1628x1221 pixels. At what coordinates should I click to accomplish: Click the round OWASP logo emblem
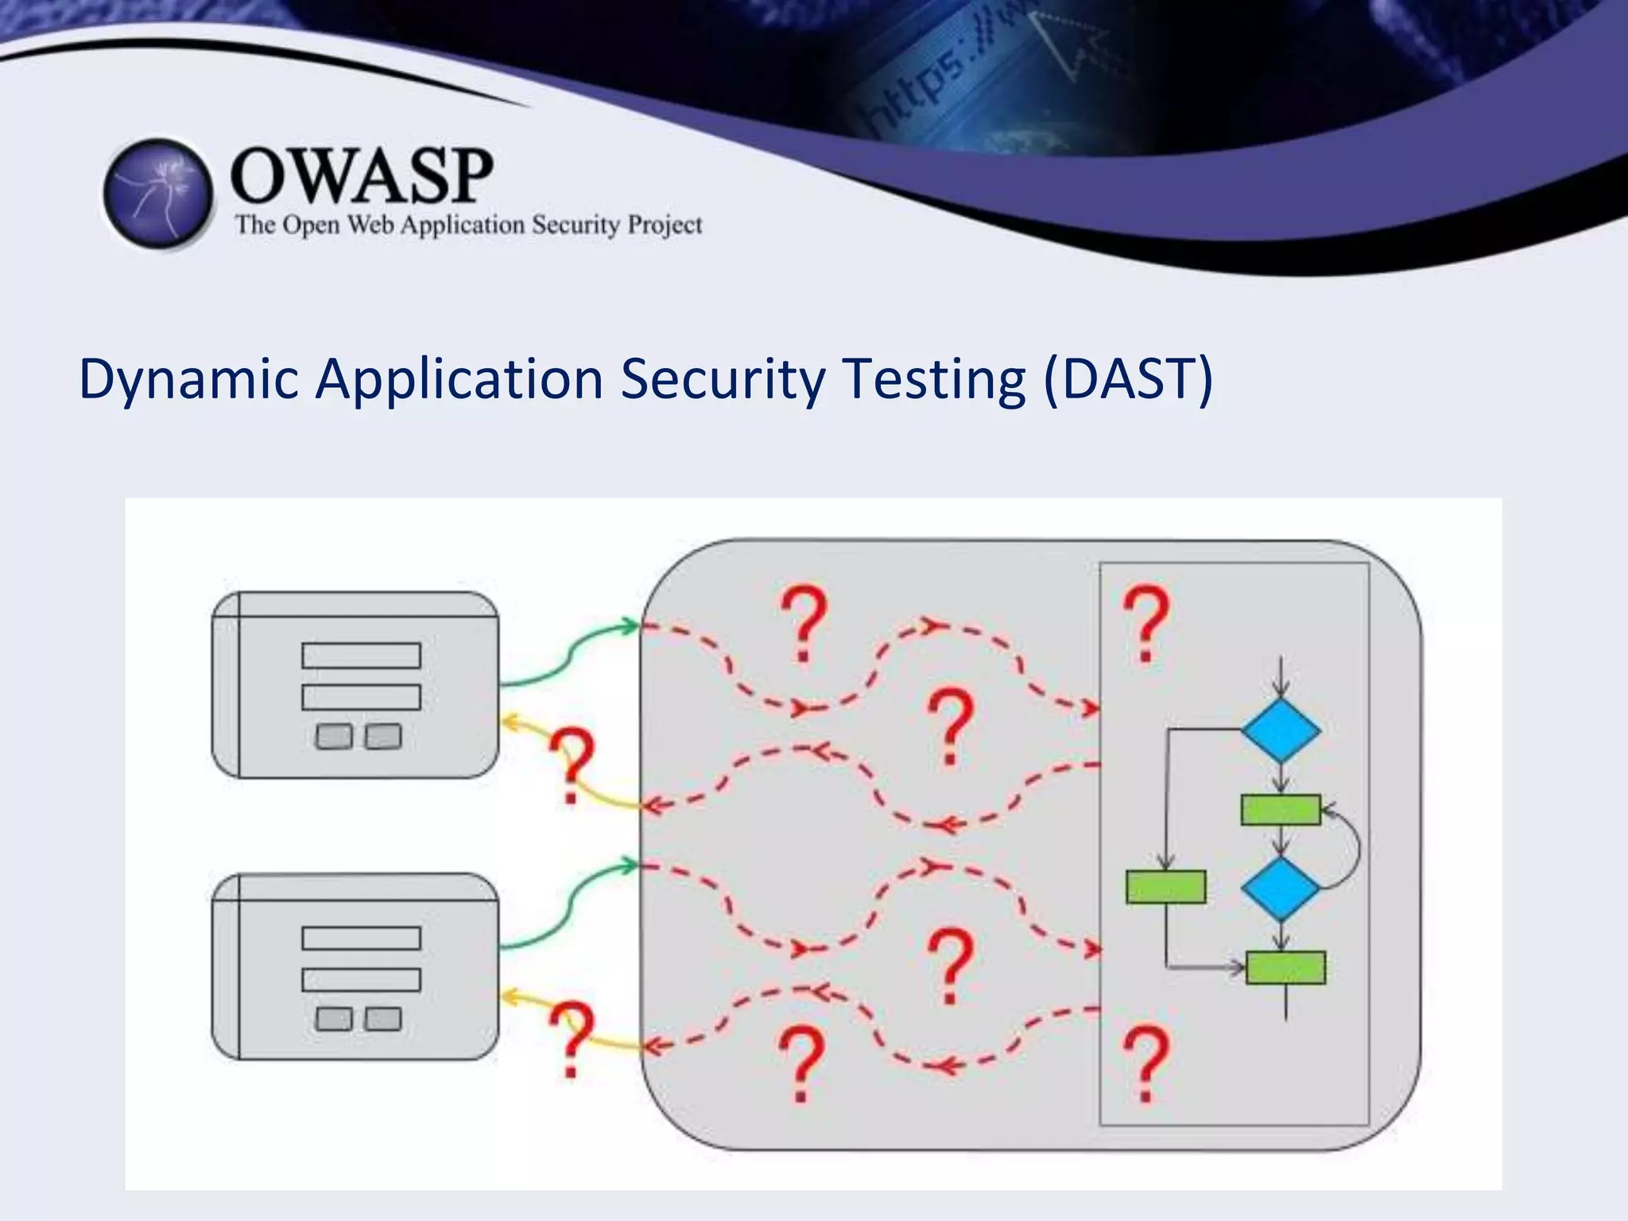coord(158,193)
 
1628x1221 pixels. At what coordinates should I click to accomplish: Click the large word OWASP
coord(362,176)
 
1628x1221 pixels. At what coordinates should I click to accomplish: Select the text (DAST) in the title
coord(1128,379)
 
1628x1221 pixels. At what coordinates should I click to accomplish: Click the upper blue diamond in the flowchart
coord(1281,731)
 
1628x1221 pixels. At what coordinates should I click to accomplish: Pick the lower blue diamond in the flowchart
coord(1281,888)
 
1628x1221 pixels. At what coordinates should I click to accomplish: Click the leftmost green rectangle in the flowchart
coord(1165,887)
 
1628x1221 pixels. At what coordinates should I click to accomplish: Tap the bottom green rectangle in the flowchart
coord(1285,967)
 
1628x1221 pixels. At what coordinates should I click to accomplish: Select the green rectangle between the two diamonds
coord(1281,810)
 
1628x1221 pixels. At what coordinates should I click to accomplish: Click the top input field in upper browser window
coord(361,656)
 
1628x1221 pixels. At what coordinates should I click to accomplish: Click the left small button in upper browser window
coord(334,737)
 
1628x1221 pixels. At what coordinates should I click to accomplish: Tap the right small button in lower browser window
coord(383,1019)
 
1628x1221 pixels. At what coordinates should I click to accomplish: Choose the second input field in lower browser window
coord(361,980)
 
